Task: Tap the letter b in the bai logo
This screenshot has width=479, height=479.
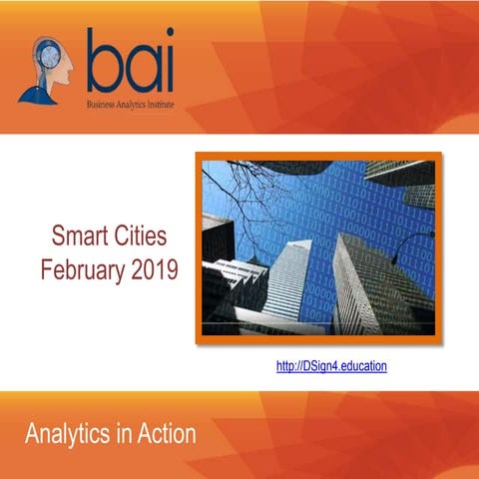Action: pos(104,62)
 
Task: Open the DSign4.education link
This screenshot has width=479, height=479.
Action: pos(330,366)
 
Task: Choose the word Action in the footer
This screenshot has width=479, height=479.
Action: pos(165,435)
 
